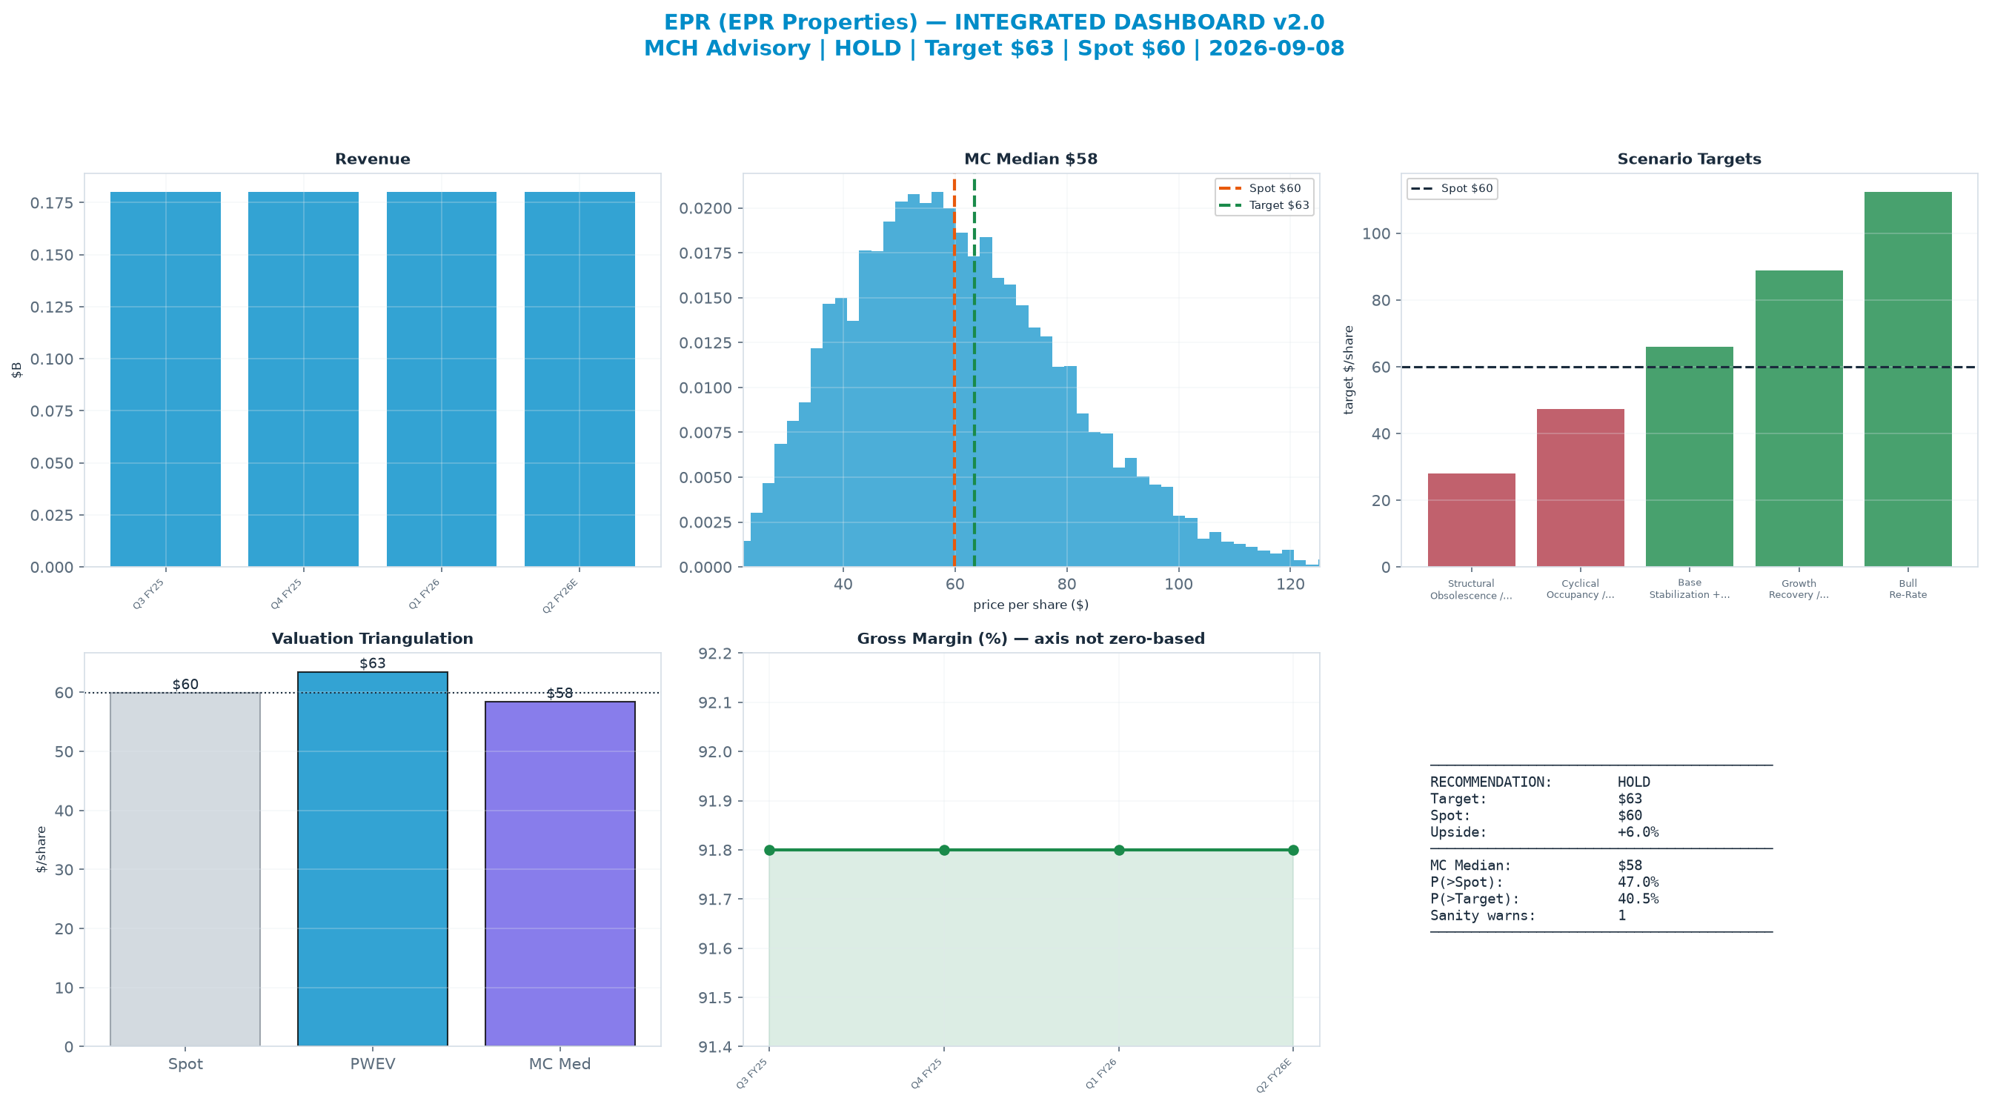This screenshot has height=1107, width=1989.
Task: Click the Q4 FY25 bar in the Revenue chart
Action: (302, 379)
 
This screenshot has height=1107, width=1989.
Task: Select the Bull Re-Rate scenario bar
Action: (1907, 379)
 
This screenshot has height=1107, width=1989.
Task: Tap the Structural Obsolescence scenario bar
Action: (1471, 519)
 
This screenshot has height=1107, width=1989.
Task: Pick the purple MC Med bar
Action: (559, 874)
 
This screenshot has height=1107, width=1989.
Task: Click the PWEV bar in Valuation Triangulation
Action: (372, 860)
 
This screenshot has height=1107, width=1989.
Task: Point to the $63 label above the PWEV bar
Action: (372, 663)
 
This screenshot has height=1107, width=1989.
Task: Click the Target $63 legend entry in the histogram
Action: (1264, 205)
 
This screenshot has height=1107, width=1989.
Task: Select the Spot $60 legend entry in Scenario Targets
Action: (1452, 188)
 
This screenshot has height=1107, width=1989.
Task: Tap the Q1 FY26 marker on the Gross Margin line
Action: (1119, 850)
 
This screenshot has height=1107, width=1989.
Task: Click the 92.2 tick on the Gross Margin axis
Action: (714, 654)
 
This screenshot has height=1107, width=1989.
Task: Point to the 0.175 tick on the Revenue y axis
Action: (53, 203)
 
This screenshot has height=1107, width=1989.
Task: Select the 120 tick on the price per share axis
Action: (1290, 585)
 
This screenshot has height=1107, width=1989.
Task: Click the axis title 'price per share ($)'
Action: (1031, 605)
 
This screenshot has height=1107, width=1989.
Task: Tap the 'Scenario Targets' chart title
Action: (1690, 159)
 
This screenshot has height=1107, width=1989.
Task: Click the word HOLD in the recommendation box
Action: (1634, 782)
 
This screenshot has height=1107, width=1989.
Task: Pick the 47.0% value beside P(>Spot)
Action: (1638, 882)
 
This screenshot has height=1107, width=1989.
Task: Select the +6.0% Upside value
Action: (1638, 832)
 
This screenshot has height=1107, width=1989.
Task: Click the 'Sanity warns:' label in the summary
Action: (1482, 916)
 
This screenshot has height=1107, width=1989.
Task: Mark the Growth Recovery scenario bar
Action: (1799, 419)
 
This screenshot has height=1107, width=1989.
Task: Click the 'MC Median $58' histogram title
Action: (1031, 159)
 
